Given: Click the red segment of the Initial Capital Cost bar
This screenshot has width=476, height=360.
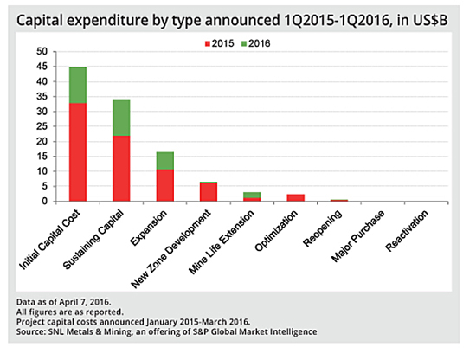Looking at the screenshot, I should pos(78,152).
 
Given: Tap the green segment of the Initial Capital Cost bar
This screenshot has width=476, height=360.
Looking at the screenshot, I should pos(78,85).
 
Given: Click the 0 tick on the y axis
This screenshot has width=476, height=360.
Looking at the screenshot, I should pos(44,201).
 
